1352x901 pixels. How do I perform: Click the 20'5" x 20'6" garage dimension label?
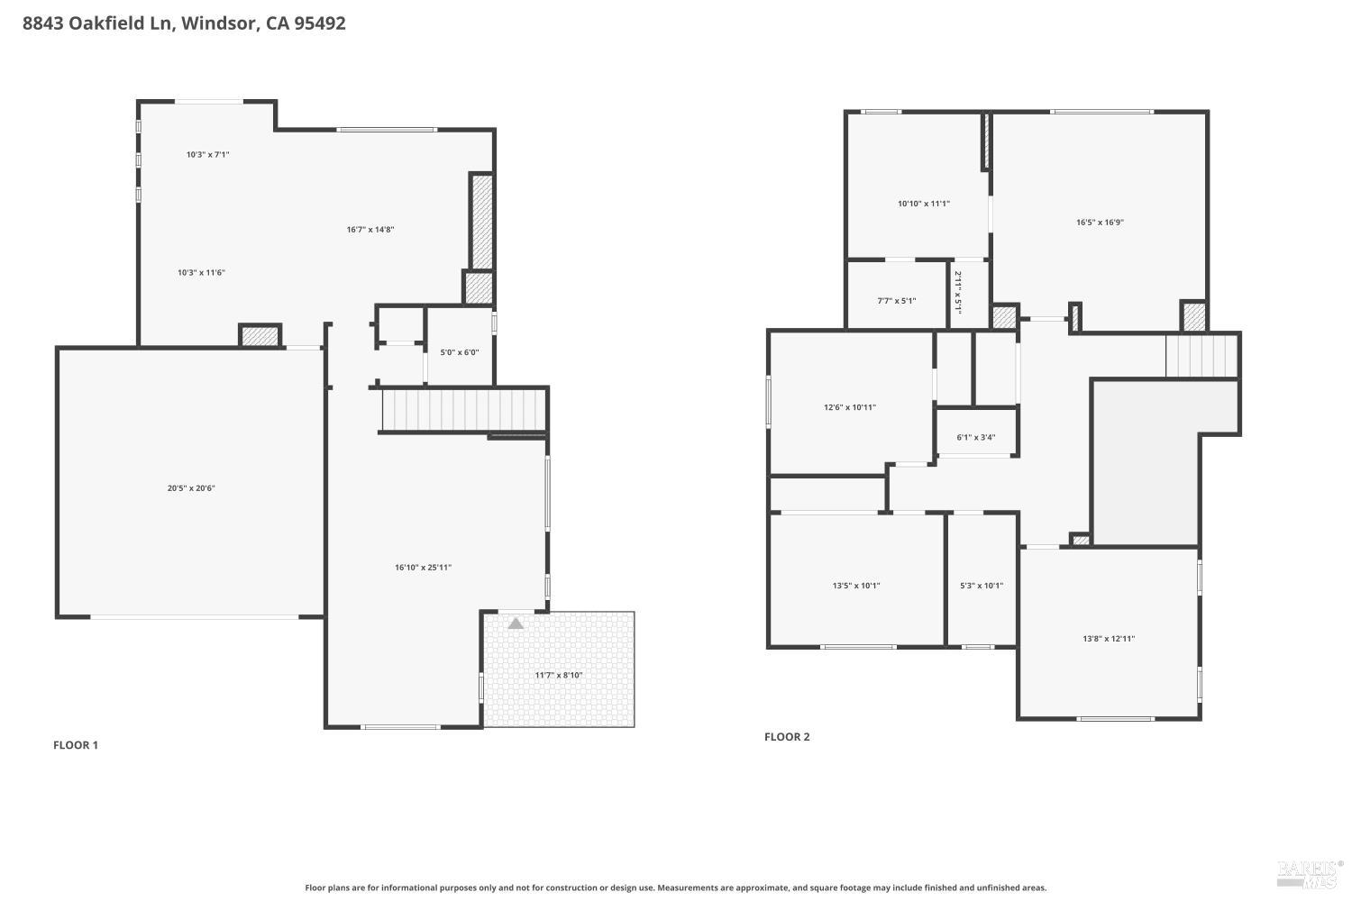191,488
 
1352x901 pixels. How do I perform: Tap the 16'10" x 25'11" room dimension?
423,568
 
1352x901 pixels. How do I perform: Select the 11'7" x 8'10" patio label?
559,675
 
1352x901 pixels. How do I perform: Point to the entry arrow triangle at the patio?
516,623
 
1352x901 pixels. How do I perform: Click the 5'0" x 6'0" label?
460,352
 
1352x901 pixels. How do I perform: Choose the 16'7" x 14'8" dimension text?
370,230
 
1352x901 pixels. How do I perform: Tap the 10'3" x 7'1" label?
208,155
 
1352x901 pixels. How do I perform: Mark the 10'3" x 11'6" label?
201,272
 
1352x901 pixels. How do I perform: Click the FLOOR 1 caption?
76,745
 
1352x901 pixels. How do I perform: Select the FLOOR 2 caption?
787,737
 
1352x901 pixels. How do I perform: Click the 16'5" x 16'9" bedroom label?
1100,223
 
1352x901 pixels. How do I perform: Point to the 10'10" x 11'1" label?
924,204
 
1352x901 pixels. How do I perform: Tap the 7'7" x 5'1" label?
897,301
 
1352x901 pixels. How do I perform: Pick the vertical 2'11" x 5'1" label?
958,293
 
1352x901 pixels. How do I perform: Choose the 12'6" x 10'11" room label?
850,407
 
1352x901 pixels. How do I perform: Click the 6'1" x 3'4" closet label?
976,438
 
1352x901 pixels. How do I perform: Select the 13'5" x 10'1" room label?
856,586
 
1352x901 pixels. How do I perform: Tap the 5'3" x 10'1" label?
982,586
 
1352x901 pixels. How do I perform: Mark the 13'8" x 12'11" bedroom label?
1109,639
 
